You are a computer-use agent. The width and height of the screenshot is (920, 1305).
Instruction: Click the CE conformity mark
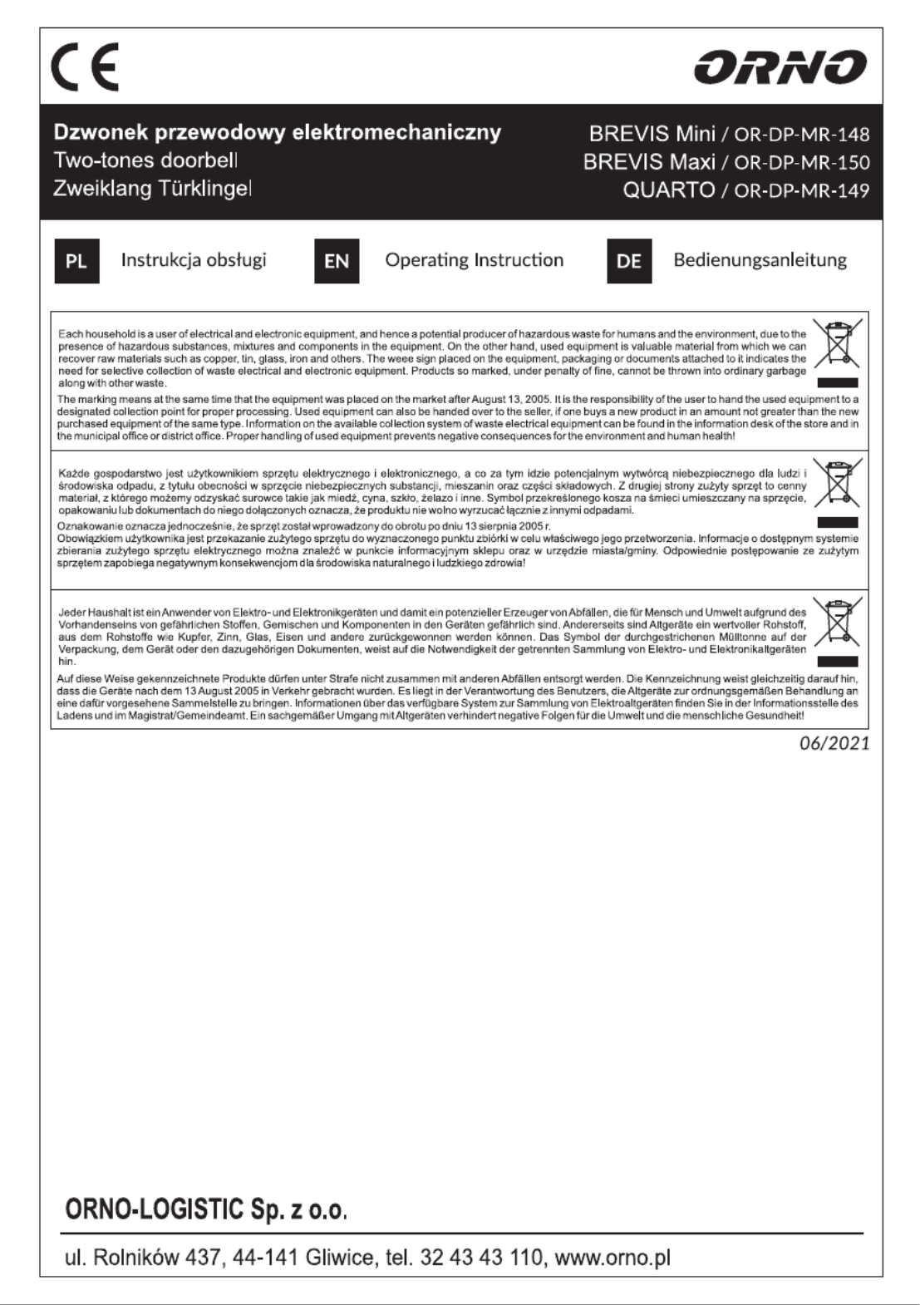point(85,66)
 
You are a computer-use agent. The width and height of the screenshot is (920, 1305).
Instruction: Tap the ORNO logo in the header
point(780,67)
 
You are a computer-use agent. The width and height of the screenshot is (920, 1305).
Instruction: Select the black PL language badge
point(76,261)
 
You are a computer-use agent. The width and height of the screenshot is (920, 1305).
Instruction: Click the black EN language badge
point(337,261)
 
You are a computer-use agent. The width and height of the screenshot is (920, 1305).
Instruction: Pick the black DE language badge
point(629,261)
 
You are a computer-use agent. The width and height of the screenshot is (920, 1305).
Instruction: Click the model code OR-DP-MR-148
point(802,134)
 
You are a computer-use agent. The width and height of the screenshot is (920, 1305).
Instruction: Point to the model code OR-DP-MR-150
point(802,162)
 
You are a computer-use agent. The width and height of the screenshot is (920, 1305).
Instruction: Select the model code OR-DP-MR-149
point(802,190)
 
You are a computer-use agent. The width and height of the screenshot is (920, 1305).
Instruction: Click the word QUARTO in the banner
point(669,190)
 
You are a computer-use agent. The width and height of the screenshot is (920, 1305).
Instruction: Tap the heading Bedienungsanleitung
point(760,259)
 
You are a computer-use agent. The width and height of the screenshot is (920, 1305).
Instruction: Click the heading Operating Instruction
point(474,259)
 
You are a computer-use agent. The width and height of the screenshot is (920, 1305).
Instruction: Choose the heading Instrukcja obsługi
point(194,259)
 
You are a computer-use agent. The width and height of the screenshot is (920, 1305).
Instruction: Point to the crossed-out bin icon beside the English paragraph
point(838,344)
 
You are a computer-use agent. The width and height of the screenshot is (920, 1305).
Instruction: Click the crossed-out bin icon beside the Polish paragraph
point(838,483)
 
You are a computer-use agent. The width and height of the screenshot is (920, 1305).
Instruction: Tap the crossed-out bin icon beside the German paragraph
point(838,622)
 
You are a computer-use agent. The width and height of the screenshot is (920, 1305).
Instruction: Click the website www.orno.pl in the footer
point(612,1258)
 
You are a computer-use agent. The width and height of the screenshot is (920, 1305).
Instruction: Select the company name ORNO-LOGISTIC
point(155,1209)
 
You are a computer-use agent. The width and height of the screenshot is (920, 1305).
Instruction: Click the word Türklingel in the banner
point(204,189)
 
